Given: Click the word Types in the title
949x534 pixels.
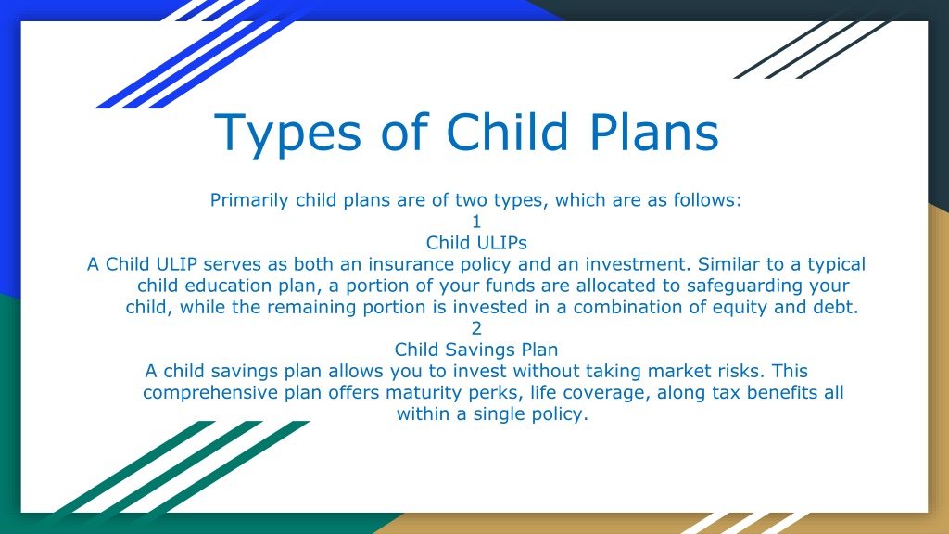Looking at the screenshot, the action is click(288, 133).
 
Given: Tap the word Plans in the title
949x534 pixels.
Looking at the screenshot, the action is click(653, 131).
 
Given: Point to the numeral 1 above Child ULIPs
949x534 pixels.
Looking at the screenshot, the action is click(476, 222).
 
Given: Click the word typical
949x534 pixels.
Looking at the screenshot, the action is click(837, 265).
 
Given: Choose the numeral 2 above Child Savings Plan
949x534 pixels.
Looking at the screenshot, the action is click(476, 328).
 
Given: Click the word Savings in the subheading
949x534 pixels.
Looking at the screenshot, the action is click(475, 350).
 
